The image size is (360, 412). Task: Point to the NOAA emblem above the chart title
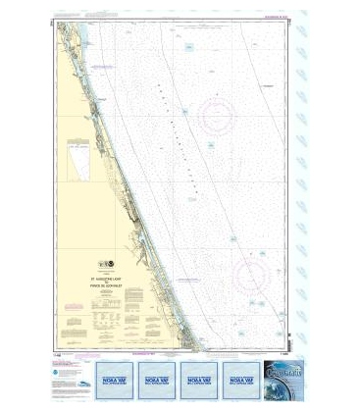tap(104, 268)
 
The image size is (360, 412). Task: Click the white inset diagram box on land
tap(77, 159)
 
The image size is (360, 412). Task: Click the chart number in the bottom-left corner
tap(62, 355)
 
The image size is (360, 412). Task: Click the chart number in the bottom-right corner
tap(283, 355)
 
